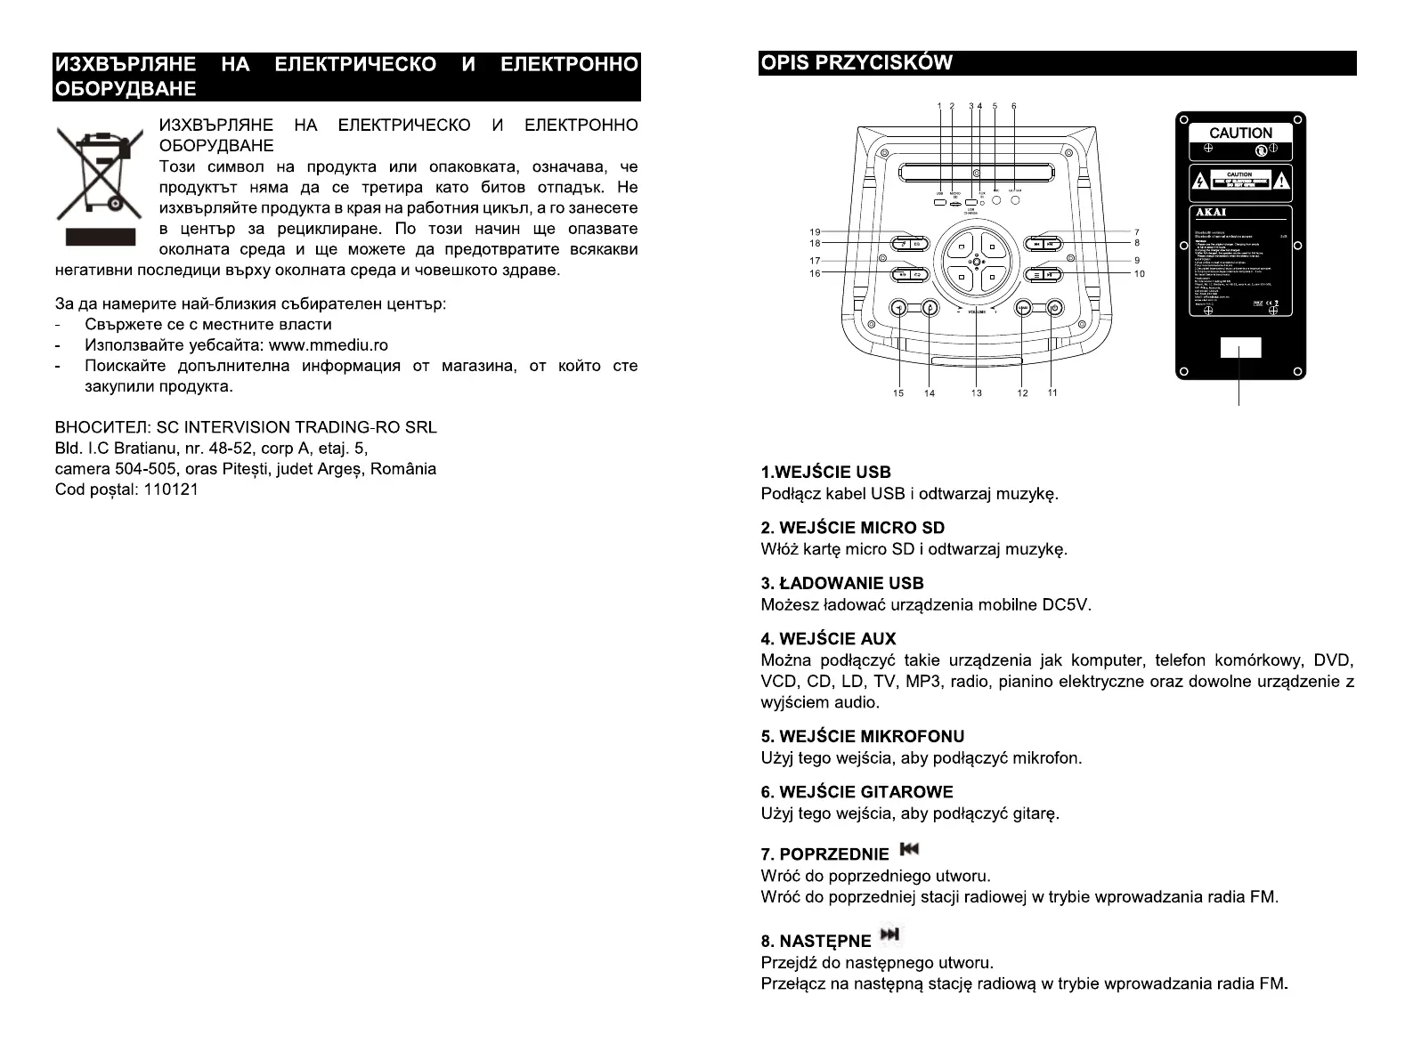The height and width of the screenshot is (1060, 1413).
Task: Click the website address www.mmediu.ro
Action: (x=328, y=345)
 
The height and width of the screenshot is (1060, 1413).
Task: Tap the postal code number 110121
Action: (x=170, y=490)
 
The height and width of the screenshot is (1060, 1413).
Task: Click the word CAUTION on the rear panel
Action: (x=1240, y=133)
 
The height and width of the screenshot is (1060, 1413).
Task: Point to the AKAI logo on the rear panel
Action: (x=1212, y=213)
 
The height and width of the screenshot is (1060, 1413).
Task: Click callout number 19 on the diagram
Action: (x=815, y=232)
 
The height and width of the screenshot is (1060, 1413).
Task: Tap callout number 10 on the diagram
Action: (x=1139, y=274)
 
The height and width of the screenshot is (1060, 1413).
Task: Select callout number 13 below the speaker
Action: (x=977, y=393)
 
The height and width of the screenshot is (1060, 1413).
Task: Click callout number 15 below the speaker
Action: (x=897, y=393)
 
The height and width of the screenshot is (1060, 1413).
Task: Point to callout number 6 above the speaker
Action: (x=1013, y=106)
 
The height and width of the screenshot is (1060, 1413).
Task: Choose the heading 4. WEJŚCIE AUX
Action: (x=828, y=639)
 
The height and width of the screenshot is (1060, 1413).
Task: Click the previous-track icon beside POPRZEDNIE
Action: (x=908, y=850)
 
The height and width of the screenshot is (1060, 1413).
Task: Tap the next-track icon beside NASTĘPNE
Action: (x=889, y=935)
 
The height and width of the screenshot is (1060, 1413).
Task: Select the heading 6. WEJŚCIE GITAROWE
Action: (x=857, y=792)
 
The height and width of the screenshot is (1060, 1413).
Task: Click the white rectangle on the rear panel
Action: (x=1240, y=348)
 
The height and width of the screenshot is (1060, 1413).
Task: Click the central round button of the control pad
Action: (x=977, y=260)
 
